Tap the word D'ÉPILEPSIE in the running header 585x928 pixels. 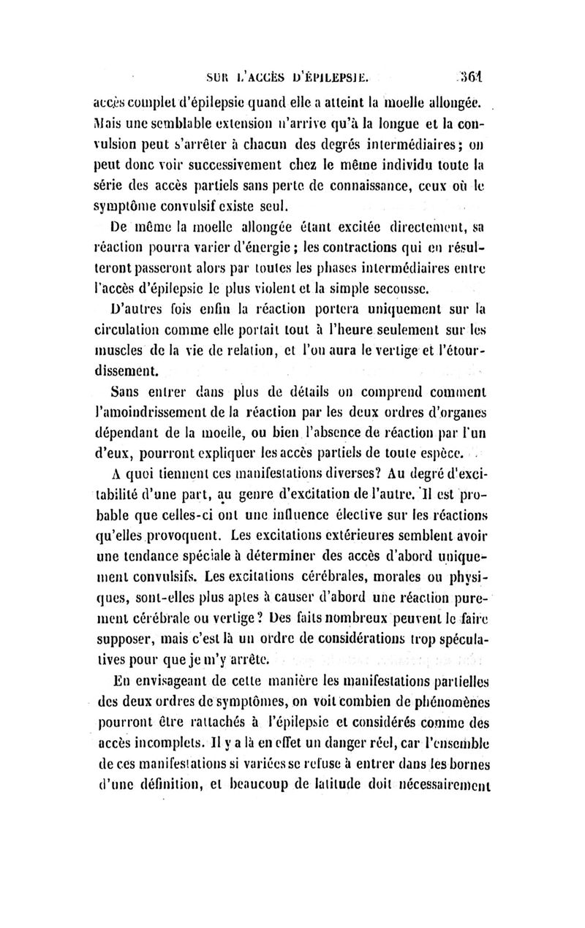pyautogui.click(x=337, y=75)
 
